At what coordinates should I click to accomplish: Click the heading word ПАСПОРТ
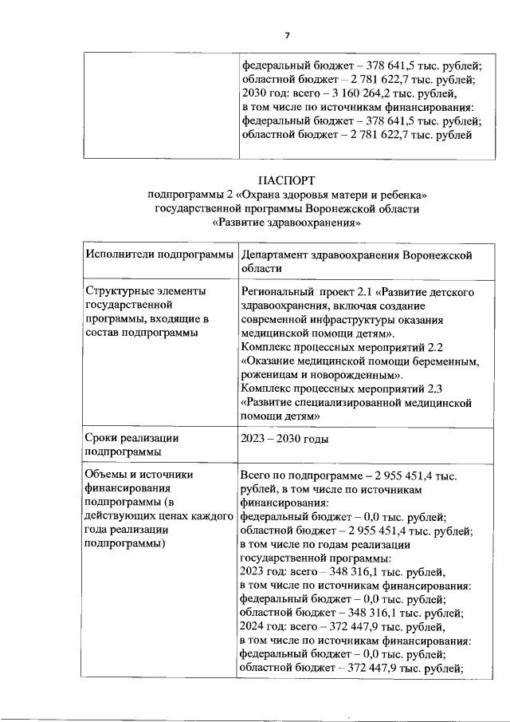[x=288, y=180]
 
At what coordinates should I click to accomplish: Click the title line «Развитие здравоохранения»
[x=288, y=223]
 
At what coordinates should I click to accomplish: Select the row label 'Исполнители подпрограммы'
[x=158, y=254]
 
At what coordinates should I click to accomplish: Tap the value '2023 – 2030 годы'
[x=284, y=438]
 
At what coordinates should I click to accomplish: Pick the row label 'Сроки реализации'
[x=131, y=438]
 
